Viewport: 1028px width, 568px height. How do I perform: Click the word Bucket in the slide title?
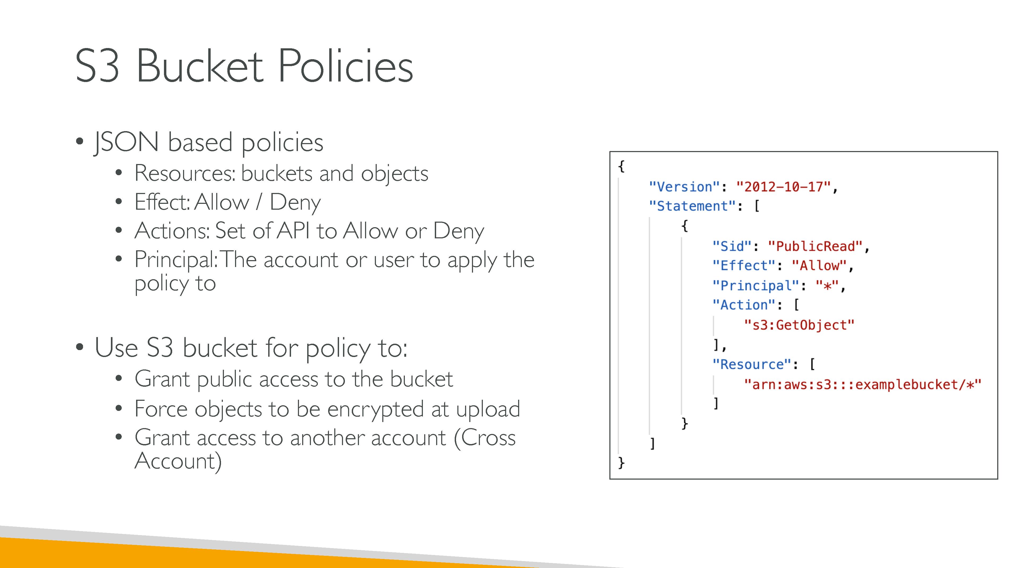tap(199, 66)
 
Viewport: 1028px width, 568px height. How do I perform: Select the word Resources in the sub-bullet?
tap(184, 174)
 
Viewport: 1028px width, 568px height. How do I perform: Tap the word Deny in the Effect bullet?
tap(295, 202)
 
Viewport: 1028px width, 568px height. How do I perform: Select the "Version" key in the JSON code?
tap(684, 187)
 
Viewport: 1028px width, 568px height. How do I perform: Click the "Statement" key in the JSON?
tap(692, 206)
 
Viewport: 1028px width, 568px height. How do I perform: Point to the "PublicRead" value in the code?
tap(815, 246)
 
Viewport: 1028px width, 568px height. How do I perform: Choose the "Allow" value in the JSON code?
tap(819, 266)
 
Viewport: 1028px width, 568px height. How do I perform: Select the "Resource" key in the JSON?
tap(752, 364)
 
